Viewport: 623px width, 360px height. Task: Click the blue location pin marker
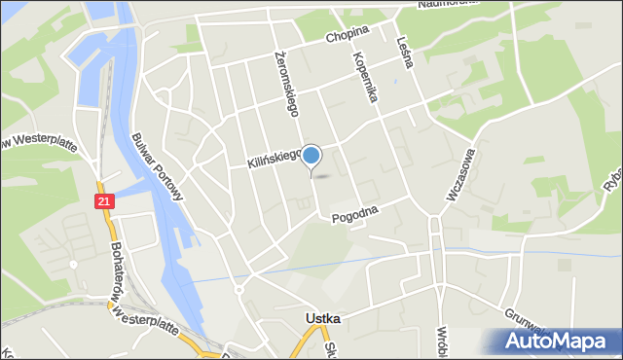click(x=311, y=156)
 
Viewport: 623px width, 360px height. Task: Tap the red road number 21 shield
click(x=105, y=200)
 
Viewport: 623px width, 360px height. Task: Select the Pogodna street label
click(x=353, y=209)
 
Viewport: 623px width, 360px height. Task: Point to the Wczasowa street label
click(x=460, y=174)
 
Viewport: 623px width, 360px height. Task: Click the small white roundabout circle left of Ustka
click(x=239, y=290)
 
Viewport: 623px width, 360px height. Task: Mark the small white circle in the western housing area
click(x=73, y=264)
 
